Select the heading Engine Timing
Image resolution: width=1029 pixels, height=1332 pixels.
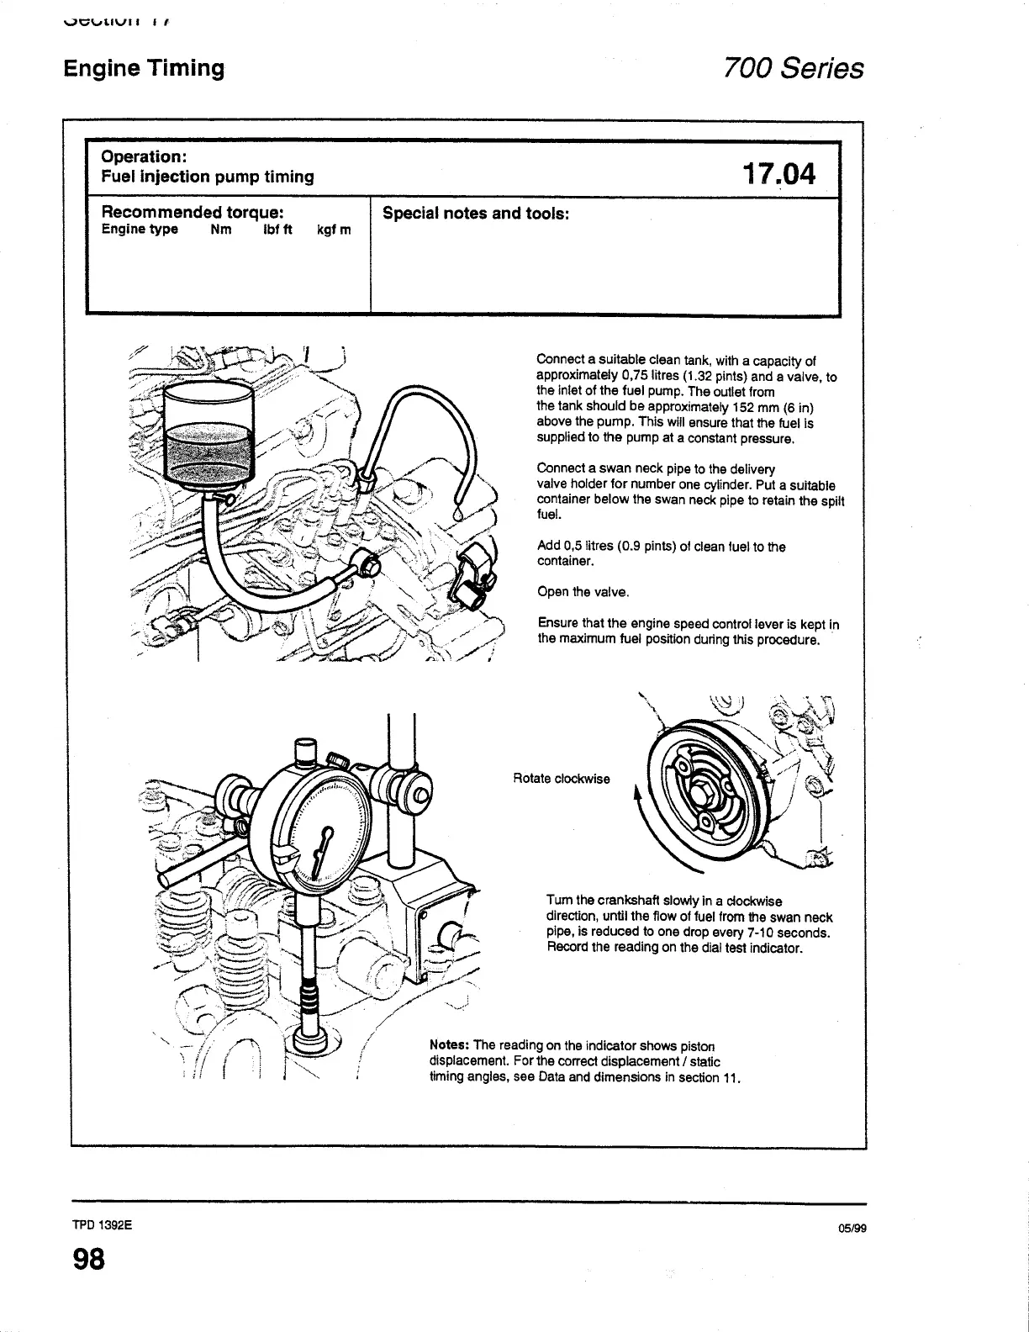click(144, 68)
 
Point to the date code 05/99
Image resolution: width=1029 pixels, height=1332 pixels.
click(852, 1228)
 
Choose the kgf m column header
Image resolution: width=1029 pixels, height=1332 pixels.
click(334, 230)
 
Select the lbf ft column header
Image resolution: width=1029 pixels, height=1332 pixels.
click(277, 230)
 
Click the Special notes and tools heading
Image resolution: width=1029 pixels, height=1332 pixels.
click(476, 214)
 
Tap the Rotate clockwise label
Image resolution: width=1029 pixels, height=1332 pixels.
click(561, 779)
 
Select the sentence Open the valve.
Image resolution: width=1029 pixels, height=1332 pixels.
click(583, 592)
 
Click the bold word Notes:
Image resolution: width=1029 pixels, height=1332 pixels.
click(449, 1046)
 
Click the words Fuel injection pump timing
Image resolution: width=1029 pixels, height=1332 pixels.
click(207, 177)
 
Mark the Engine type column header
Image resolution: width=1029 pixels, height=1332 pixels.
click(140, 230)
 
